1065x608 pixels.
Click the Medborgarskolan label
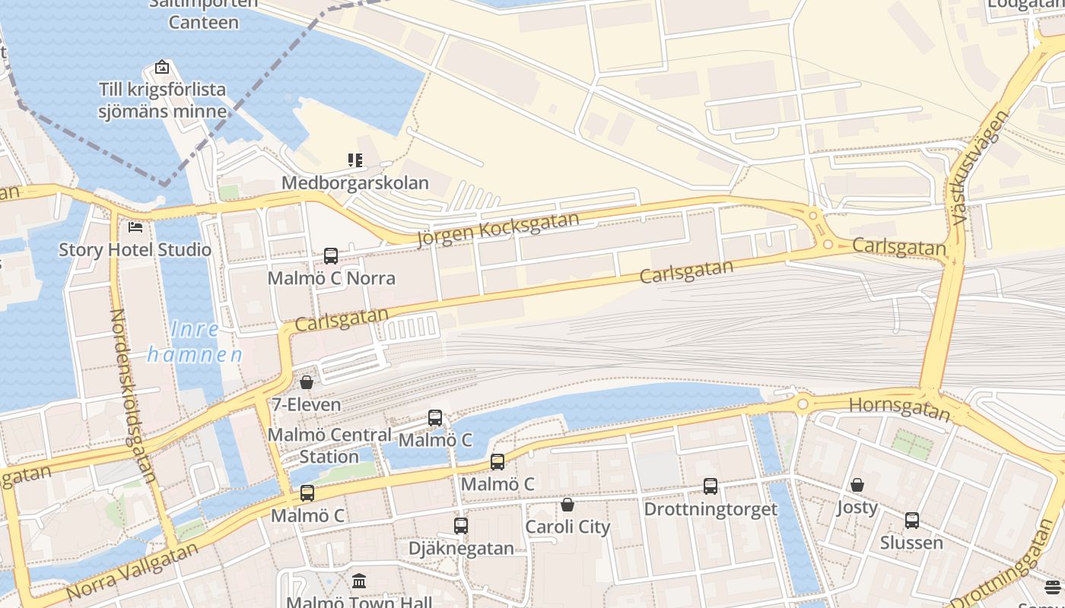coord(355,183)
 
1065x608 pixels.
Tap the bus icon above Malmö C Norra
coord(331,256)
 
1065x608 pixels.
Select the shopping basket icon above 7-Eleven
coord(307,382)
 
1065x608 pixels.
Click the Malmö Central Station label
coord(329,445)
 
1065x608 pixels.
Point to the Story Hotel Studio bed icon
coord(135,226)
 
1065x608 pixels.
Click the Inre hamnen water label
coord(195,342)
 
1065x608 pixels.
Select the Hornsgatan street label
coord(899,408)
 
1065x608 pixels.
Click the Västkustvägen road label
coord(980,167)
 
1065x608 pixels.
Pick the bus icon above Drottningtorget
coord(711,486)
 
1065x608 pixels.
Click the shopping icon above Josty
coord(857,485)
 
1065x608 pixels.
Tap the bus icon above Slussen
coord(912,521)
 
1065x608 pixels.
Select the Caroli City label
coord(567,527)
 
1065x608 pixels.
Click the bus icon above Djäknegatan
coord(461,526)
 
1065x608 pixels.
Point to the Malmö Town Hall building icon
coord(359,581)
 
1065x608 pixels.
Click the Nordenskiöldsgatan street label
coord(134,395)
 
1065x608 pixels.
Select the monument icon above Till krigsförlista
coord(162,67)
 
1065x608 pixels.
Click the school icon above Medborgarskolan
coord(355,160)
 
